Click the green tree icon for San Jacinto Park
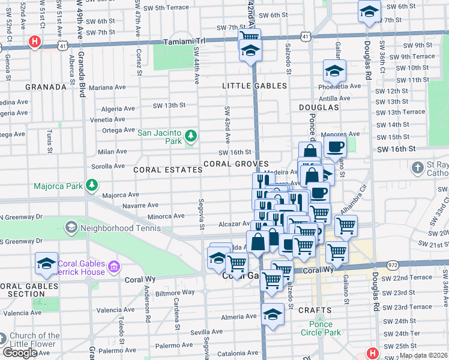[191, 137]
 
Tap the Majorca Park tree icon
[92, 186]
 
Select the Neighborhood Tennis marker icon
[71, 228]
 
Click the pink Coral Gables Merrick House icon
[114, 265]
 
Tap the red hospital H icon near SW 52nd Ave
[35, 42]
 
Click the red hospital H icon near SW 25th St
[373, 353]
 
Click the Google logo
[20, 353]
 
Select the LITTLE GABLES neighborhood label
[255, 86]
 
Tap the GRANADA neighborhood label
[46, 87]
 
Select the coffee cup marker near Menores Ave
[335, 146]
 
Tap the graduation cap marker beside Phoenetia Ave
[334, 71]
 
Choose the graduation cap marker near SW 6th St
[369, 11]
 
